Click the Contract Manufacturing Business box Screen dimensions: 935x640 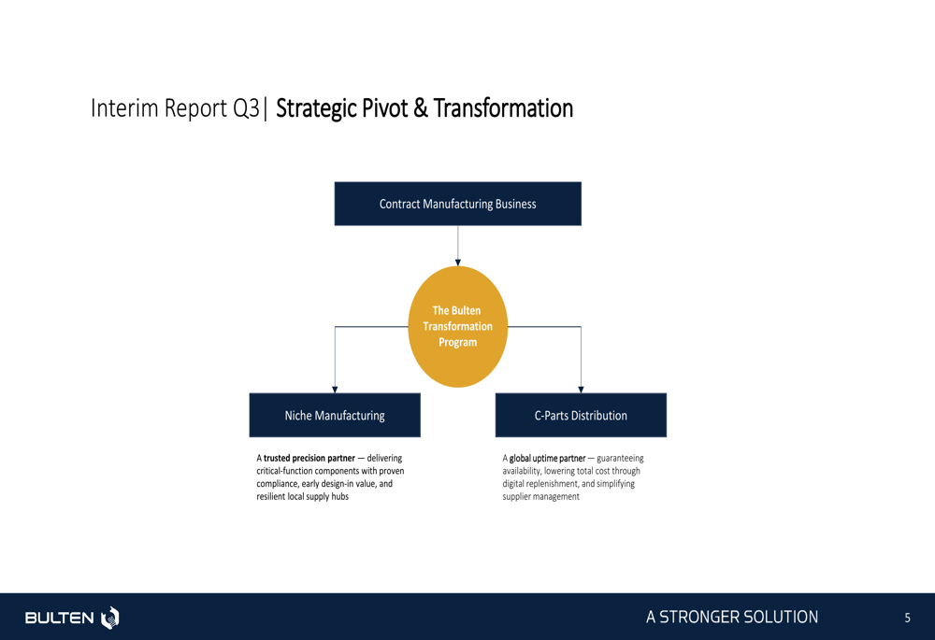[458, 204]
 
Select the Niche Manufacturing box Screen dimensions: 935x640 [335, 416]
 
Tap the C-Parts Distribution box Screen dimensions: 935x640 [581, 416]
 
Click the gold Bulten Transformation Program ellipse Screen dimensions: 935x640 [458, 327]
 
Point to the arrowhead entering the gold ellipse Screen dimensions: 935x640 [458, 263]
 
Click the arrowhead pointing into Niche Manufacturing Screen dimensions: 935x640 [335, 390]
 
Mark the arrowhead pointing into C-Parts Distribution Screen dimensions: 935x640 [581, 390]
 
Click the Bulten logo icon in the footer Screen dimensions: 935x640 [110, 618]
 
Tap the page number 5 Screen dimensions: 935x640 [908, 618]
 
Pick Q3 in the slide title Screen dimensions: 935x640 [246, 108]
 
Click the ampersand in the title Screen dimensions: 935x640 [421, 108]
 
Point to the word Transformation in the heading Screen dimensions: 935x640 [503, 108]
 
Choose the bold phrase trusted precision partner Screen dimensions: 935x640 [309, 458]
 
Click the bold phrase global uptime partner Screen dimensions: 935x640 [547, 458]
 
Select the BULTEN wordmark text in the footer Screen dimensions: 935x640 [59, 618]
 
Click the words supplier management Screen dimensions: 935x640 [540, 496]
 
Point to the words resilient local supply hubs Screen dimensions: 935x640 [302, 496]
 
